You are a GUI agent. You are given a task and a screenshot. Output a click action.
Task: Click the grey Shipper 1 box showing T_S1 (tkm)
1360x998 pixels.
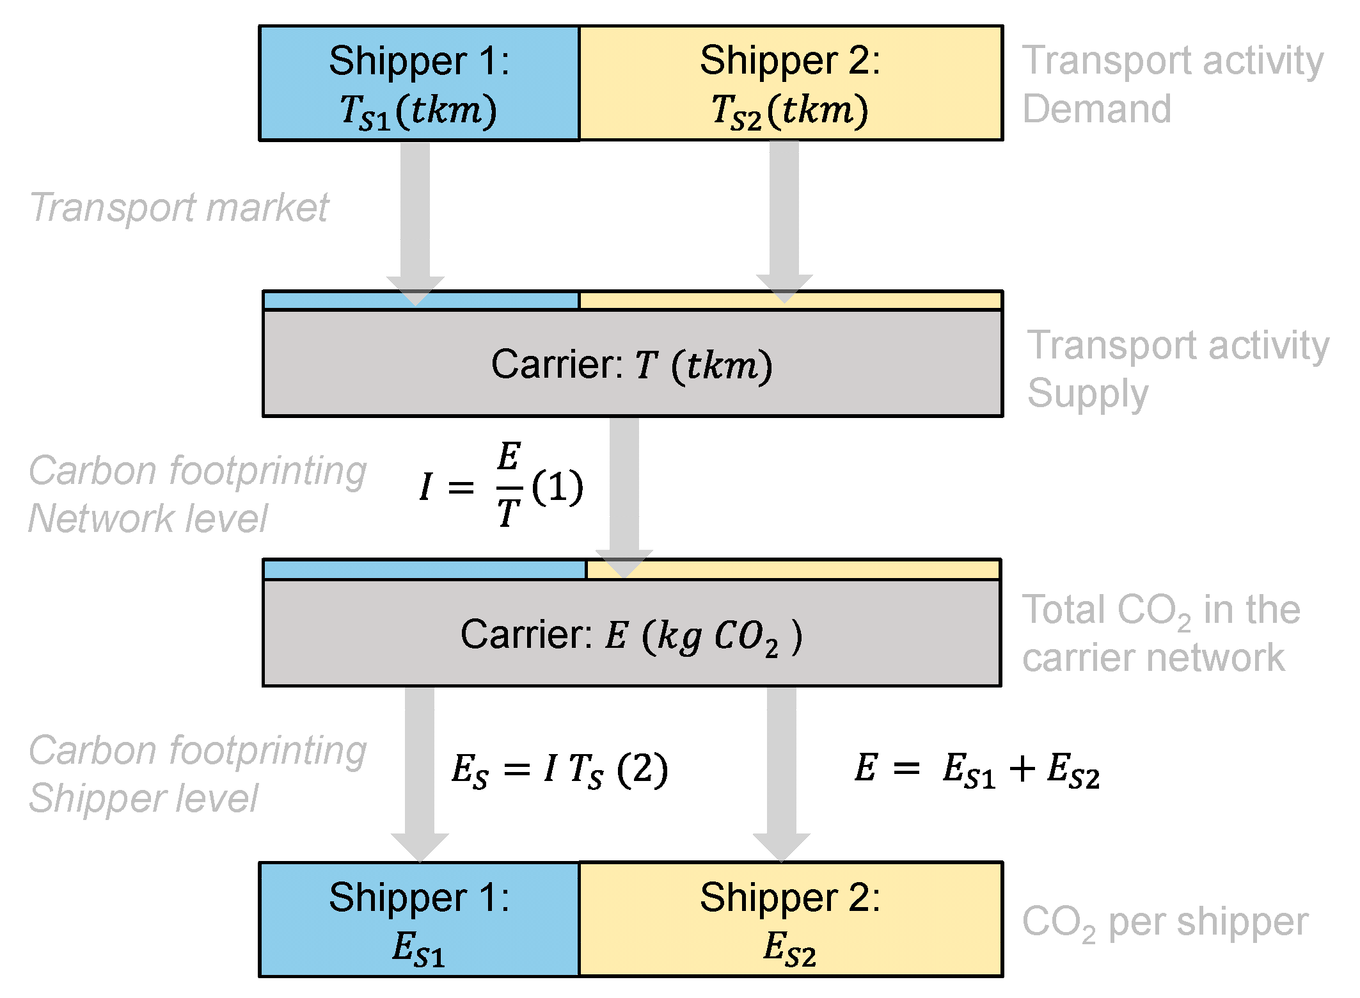pyautogui.click(x=419, y=83)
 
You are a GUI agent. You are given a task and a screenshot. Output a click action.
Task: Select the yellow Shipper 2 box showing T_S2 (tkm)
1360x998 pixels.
pyautogui.click(x=790, y=83)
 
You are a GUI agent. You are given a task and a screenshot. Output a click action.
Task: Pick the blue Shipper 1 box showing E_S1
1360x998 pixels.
pyautogui.click(x=419, y=920)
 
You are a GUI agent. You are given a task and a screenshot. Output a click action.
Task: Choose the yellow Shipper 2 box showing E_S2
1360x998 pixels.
pyautogui.click(x=790, y=920)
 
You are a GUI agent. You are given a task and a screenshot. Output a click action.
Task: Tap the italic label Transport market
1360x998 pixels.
pyautogui.click(x=179, y=207)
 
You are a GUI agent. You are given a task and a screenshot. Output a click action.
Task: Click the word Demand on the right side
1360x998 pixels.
pyautogui.click(x=1096, y=109)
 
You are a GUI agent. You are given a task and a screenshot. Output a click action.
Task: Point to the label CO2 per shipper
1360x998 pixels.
pyautogui.click(x=1164, y=923)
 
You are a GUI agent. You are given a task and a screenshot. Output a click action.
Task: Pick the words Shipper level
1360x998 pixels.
pyautogui.click(x=143, y=798)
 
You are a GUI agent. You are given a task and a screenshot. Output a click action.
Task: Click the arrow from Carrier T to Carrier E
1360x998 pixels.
pyautogui.click(x=624, y=487)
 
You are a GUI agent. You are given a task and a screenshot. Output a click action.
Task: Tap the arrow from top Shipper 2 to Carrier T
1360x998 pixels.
pyautogui.click(x=784, y=211)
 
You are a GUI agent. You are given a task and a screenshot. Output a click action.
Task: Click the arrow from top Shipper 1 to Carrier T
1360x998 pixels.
pyautogui.click(x=415, y=211)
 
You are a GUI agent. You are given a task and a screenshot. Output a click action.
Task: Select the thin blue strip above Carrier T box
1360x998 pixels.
pyautogui.click(x=421, y=300)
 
